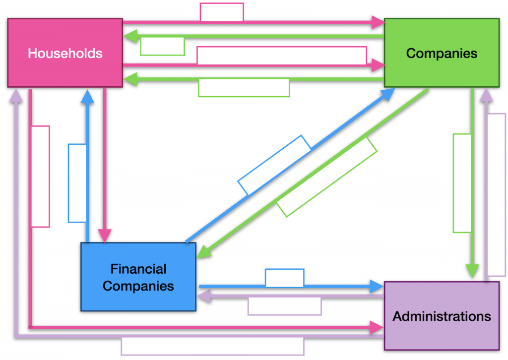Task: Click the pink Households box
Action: (65, 53)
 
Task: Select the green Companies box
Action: (442, 53)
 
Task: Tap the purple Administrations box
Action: (442, 316)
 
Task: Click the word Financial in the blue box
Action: (138, 269)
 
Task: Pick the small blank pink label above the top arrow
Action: (222, 12)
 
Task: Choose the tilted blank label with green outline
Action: (326, 177)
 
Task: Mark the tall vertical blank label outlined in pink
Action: (41, 177)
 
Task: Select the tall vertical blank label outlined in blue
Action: (77, 183)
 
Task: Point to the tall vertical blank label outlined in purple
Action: (496, 195)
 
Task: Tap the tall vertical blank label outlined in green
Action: (462, 183)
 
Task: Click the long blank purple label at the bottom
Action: (212, 346)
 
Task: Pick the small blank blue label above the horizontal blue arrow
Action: (284, 278)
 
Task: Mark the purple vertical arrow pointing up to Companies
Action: (484, 104)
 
